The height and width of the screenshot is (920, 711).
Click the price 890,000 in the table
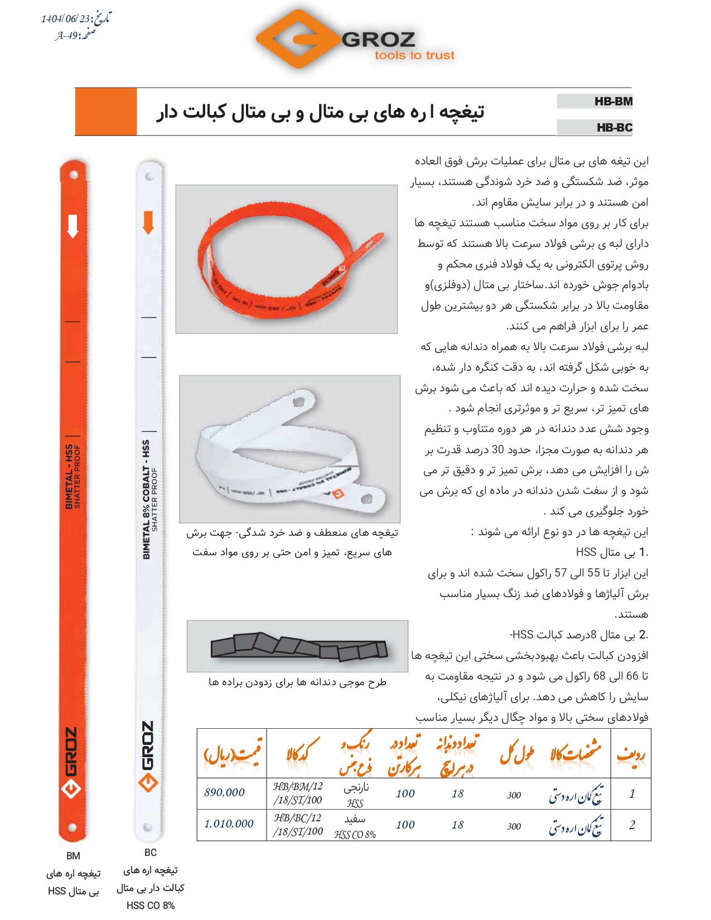[x=224, y=792]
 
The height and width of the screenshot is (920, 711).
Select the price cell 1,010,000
[x=229, y=824]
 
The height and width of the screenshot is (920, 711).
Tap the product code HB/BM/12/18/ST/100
[x=298, y=793]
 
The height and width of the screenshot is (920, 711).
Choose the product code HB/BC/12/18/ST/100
[x=298, y=825]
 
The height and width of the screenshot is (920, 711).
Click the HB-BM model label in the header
[x=613, y=101]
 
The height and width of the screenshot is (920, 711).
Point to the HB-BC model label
[x=614, y=128]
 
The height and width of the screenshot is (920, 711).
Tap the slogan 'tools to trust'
[x=414, y=55]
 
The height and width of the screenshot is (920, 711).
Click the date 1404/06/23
[x=65, y=19]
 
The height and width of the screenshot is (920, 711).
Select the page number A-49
[x=67, y=36]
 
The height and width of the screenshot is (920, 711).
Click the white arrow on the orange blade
[x=72, y=226]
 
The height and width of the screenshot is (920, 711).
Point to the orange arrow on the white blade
[x=148, y=222]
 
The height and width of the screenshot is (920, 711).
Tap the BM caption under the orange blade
[x=73, y=856]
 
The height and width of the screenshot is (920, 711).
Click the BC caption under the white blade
[x=151, y=853]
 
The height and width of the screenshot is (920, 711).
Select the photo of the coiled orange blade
[x=286, y=259]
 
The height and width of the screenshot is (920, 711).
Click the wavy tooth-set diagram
[x=298, y=647]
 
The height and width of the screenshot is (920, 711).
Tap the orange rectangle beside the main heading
[x=106, y=112]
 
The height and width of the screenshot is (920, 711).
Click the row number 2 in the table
[x=631, y=825]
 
